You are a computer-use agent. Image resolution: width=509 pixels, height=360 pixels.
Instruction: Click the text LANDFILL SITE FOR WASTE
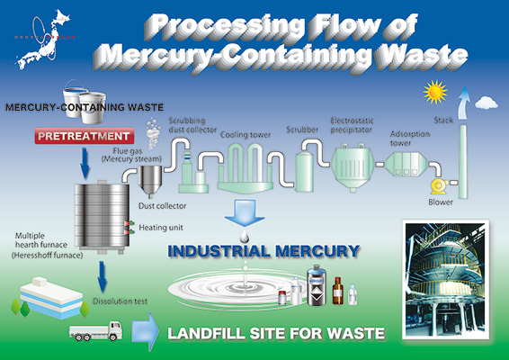(x=276, y=334)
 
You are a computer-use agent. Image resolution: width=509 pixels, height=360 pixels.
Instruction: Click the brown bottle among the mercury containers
(x=337, y=290)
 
